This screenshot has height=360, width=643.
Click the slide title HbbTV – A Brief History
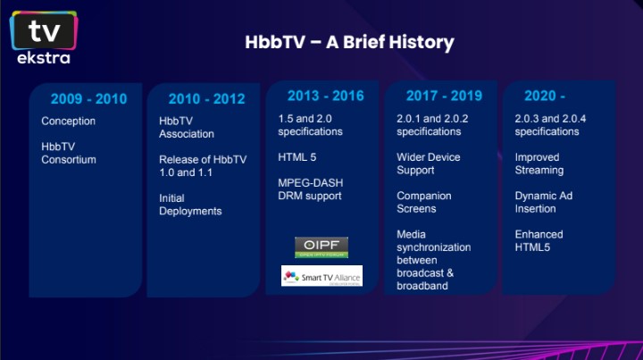pyautogui.click(x=349, y=42)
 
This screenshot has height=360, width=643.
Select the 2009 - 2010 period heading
pyautogui.click(x=88, y=99)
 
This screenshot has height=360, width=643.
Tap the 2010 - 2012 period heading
pyautogui.click(x=206, y=99)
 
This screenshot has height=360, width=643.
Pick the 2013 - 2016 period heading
pyautogui.click(x=325, y=96)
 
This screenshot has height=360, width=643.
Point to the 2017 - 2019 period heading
pyautogui.click(x=444, y=96)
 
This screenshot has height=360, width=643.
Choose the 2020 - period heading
pyautogui.click(x=539, y=96)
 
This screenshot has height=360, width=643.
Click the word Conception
pyautogui.click(x=69, y=121)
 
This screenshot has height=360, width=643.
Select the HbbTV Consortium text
pyautogui.click(x=68, y=153)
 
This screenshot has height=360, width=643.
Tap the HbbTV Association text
pyautogui.click(x=187, y=128)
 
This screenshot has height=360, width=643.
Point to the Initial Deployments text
pyautogui.click(x=190, y=205)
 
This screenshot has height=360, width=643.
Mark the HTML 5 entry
pyautogui.click(x=297, y=157)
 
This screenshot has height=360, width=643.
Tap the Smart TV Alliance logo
pyautogui.click(x=321, y=275)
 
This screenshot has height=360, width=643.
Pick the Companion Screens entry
pyautogui.click(x=424, y=202)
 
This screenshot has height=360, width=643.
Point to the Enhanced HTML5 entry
pyautogui.click(x=539, y=240)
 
